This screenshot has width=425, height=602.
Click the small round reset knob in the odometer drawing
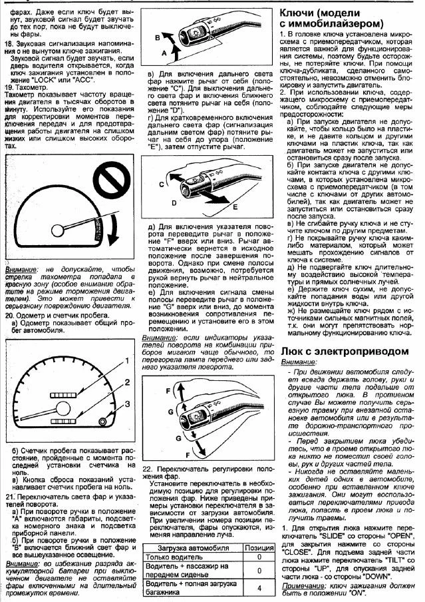tap(101, 421)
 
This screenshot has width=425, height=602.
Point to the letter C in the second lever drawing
tap(162, 184)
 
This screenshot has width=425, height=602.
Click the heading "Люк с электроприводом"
tap(342, 350)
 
